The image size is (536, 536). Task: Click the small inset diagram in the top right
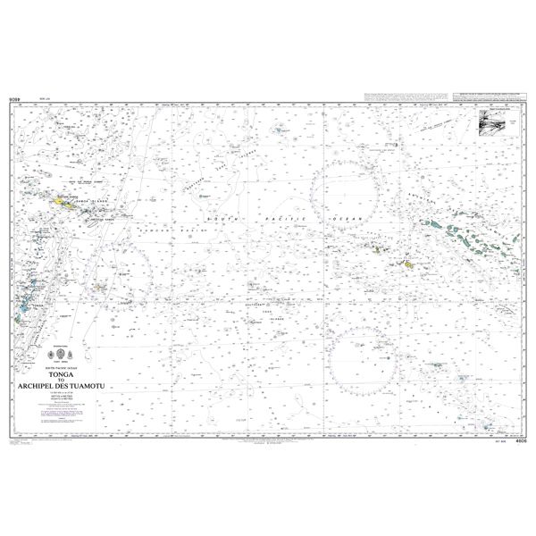(x=498, y=123)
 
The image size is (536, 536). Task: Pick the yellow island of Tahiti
(x=407, y=265)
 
